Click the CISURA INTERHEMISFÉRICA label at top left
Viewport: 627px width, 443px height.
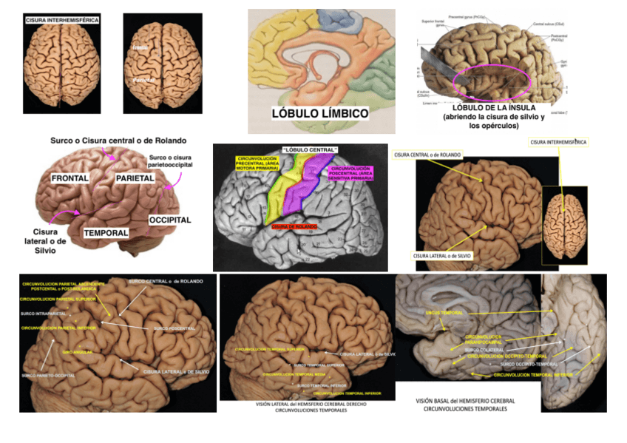[x=62, y=20]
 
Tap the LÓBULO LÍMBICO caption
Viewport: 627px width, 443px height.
[x=319, y=113]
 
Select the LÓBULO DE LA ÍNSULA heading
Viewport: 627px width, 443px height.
[x=493, y=109]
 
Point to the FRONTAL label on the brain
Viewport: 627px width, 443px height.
[x=70, y=178]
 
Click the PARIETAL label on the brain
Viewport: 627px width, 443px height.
[x=135, y=179]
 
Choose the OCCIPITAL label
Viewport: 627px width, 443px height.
[x=169, y=220]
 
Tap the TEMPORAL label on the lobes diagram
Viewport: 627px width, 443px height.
[x=105, y=232]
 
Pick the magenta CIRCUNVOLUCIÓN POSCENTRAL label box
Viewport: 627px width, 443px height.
[x=352, y=175]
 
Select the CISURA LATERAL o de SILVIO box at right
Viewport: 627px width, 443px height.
[x=443, y=256]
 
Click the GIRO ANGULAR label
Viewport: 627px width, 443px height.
[x=78, y=352]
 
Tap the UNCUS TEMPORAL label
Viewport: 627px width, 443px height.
[x=444, y=313]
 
